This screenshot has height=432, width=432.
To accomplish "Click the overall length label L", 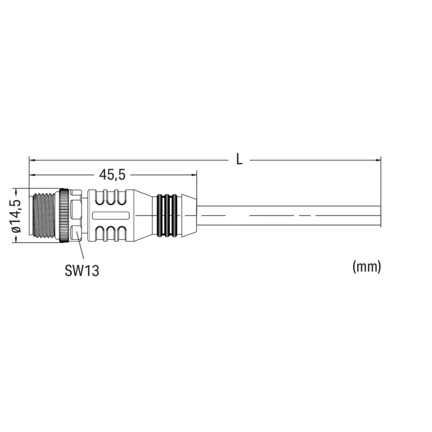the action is point(239,159).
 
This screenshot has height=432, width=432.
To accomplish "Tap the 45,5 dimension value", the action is point(112,174).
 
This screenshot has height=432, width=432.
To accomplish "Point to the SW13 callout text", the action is point(82,271).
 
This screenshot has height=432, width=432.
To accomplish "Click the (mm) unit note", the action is point(367,266).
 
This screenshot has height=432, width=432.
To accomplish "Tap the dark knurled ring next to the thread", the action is point(64,215).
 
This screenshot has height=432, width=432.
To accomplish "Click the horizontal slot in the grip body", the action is point(111,215).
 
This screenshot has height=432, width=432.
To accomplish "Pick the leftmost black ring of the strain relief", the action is point(159,215).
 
